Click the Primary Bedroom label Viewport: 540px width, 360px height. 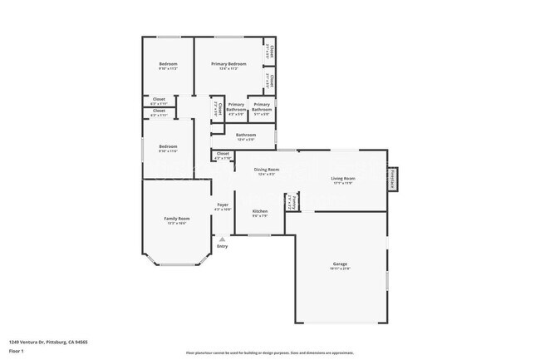228,64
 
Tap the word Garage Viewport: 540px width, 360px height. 341,264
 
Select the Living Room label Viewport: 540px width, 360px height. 343,178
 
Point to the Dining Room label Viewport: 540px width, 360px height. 266,170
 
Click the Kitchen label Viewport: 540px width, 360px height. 260,211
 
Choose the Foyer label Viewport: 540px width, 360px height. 223,205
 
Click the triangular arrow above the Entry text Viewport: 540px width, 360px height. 222,239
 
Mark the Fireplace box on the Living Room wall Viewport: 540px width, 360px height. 394,178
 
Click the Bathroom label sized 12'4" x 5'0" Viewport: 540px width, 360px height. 246,135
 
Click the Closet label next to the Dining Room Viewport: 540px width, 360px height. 223,153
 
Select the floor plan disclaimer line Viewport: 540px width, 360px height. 270,353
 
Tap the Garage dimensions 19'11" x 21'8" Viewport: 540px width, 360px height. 341,269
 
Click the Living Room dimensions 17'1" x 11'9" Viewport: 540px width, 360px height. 343,183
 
